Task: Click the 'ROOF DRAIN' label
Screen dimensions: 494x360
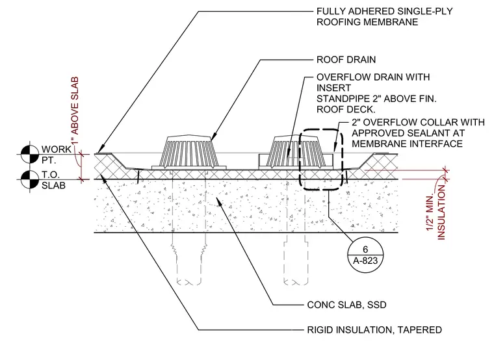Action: tap(346, 60)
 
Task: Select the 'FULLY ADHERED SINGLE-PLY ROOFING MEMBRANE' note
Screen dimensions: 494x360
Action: tap(384, 16)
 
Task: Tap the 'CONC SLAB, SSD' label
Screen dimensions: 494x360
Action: tap(346, 305)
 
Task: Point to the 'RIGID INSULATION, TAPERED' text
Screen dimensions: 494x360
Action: tap(374, 329)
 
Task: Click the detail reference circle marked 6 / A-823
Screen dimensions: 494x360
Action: tap(365, 254)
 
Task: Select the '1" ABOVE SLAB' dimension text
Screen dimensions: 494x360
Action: tap(75, 111)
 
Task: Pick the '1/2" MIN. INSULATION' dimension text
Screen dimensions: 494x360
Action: tap(437, 212)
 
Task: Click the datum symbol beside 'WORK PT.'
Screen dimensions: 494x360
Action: tap(30, 154)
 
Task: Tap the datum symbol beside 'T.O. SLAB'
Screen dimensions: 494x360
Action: tap(30, 179)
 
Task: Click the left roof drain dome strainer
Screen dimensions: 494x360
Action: tap(188, 151)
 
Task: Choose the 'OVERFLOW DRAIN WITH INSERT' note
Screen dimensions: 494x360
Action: tap(373, 83)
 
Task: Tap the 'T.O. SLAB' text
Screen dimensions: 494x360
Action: tap(53, 180)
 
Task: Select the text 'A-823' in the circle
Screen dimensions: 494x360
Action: tap(365, 261)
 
